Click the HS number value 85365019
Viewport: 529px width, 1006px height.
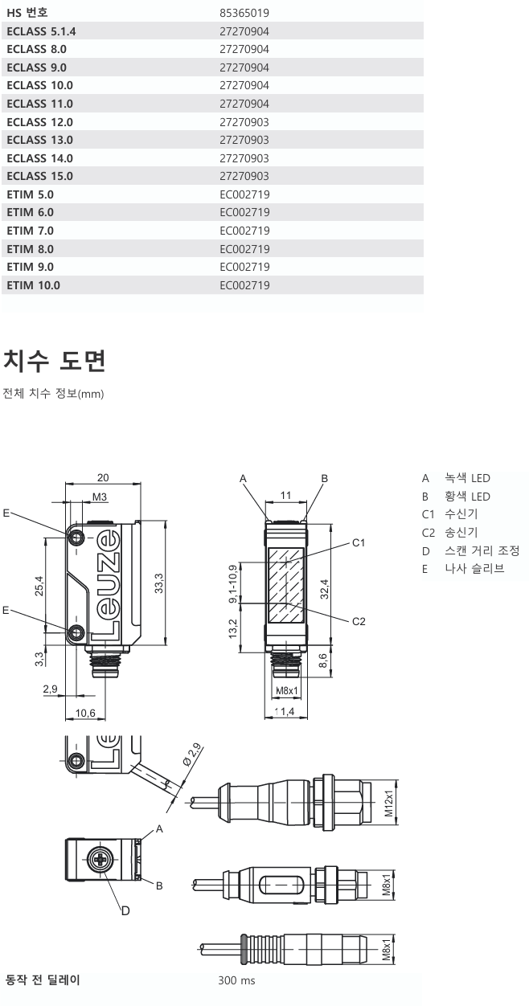pos(244,13)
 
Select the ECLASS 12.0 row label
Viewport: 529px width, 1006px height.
pos(39,122)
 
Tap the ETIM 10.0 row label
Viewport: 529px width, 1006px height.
pos(33,285)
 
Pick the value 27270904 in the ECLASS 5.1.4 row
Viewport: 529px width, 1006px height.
pos(244,31)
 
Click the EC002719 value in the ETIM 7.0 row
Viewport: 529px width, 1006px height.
pos(244,231)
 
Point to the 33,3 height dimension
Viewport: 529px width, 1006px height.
pos(159,580)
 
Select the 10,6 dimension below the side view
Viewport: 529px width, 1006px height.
pos(85,713)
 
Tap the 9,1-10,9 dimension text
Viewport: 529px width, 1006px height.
pos(233,583)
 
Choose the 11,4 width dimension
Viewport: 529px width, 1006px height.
pos(286,712)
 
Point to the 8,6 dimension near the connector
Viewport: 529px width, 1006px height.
pos(323,661)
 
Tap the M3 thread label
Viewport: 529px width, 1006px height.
pos(100,497)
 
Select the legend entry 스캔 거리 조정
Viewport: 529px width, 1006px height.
pos(481,550)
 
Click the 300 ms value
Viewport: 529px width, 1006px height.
pos(237,981)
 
